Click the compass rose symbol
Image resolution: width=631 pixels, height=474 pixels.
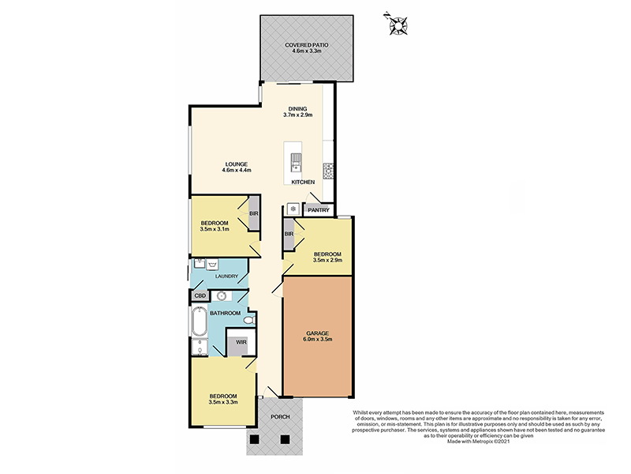point(396,24)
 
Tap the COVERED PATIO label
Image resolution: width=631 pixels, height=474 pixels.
point(306,46)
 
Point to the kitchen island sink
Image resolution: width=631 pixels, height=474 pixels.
point(296,161)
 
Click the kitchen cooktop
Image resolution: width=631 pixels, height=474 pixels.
point(327,169)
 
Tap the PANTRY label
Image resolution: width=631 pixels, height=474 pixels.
point(318,210)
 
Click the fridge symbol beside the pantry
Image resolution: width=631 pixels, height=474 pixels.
point(293,209)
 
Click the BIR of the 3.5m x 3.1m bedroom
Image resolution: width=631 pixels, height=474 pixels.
point(253,214)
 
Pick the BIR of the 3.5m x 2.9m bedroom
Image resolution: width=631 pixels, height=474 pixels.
point(289,234)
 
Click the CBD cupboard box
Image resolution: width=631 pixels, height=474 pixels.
point(200,296)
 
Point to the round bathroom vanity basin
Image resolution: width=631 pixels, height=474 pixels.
point(222,296)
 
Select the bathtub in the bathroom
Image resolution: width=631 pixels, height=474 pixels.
point(198,322)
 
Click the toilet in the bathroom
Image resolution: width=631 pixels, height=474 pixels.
point(248,321)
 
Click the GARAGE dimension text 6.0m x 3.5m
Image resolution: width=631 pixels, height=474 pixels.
point(319,340)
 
